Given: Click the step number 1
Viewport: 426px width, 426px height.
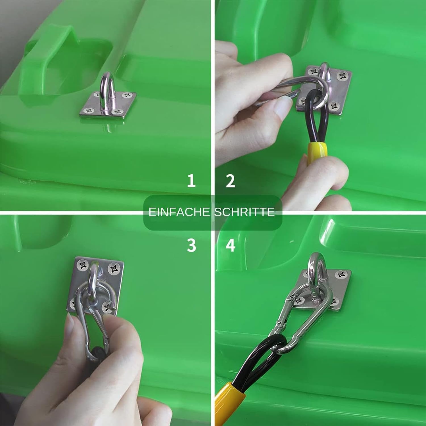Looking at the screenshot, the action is click(191, 181).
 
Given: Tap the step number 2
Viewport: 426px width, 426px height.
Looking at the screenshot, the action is click(230, 181).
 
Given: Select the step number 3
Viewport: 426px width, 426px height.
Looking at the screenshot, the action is click(191, 245).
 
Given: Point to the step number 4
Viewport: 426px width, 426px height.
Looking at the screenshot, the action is click(230, 245).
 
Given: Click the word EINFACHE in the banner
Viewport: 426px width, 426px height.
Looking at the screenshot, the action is click(179, 212).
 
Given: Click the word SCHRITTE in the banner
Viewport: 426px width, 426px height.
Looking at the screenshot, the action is click(245, 212).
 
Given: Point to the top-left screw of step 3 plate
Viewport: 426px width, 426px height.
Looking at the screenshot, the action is click(83, 265).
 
